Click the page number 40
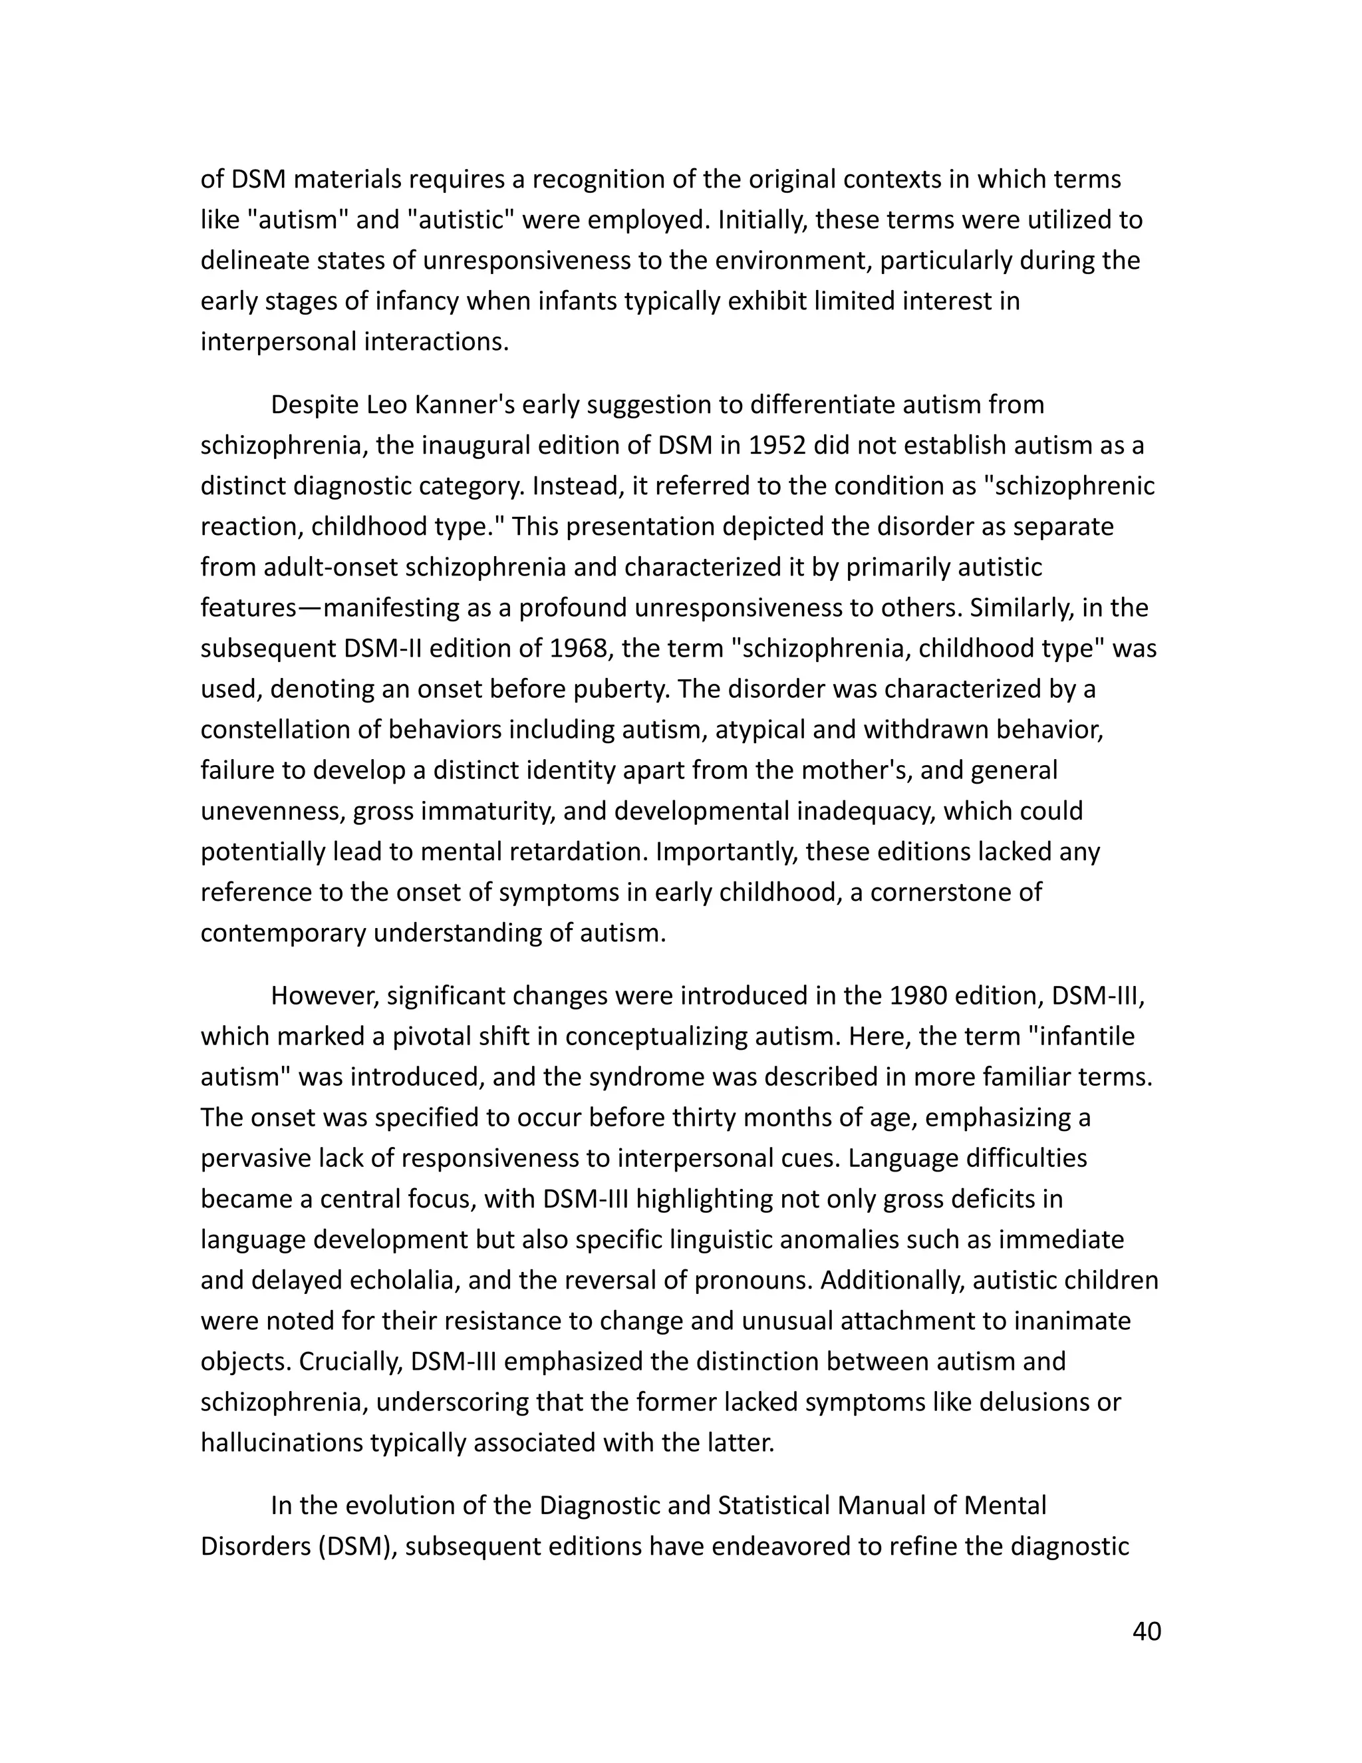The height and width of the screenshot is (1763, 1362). tap(1147, 1631)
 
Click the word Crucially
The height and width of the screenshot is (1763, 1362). tap(349, 1361)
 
